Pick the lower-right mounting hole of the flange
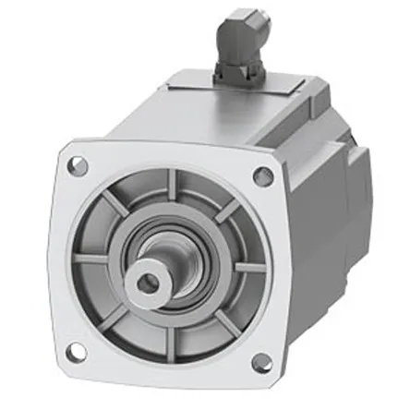pos(261,362)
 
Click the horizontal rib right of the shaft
pos(247,268)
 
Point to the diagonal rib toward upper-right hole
pos(226,211)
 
